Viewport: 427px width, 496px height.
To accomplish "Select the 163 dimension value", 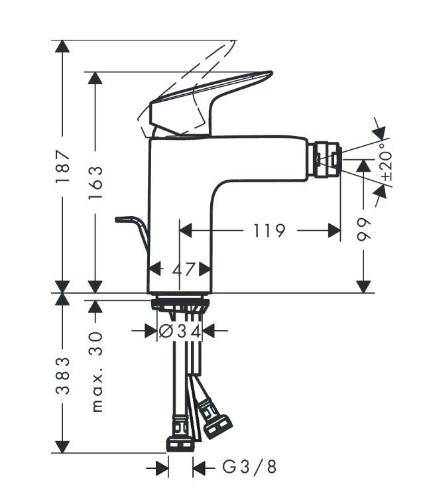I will tap(95, 182).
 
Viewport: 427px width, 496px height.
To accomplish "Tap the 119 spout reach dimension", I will tap(269, 231).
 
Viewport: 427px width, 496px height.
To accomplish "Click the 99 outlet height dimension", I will tap(364, 229).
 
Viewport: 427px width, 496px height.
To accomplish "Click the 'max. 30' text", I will tap(97, 371).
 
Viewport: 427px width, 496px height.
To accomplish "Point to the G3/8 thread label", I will tap(249, 467).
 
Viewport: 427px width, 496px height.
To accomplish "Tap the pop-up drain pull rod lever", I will tap(133, 229).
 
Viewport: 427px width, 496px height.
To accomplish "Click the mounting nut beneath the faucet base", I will tap(180, 305).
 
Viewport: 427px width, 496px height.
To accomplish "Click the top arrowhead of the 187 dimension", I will tap(62, 46).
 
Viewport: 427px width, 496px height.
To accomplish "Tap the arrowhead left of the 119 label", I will tap(187, 231).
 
